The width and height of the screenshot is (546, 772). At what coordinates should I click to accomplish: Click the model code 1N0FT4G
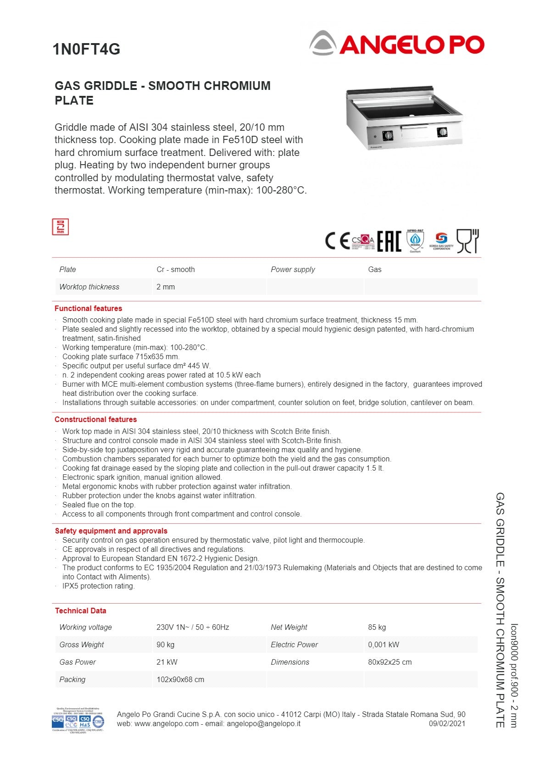tap(86, 49)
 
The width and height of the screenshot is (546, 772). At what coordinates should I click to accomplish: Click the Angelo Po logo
tap(397, 44)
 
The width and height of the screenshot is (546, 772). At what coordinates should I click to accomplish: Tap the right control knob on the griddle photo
tap(442, 132)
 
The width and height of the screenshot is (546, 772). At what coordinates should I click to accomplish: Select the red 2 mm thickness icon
tap(60, 227)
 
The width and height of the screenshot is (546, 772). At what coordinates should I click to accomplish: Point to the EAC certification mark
tap(389, 241)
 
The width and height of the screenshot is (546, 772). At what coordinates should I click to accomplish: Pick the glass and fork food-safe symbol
tap(468, 241)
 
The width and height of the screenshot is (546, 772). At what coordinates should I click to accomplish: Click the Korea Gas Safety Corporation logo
tap(441, 241)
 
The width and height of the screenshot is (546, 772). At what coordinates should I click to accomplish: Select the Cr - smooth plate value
tap(176, 270)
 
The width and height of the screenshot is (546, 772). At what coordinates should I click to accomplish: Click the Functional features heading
tap(88, 309)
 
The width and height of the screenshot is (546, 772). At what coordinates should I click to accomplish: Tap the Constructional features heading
tap(95, 420)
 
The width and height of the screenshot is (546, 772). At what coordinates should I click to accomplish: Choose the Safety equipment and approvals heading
tap(111, 531)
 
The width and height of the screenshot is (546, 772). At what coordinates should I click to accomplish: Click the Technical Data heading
tap(80, 611)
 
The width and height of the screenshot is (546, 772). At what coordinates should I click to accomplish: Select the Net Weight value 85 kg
tap(377, 628)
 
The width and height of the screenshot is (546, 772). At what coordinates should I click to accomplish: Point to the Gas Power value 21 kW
tap(167, 662)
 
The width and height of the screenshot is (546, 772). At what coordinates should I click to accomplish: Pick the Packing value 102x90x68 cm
tap(180, 680)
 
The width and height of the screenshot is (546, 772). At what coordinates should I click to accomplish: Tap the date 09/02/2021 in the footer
tap(447, 724)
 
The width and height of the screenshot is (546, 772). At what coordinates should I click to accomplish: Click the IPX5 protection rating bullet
tap(98, 586)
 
